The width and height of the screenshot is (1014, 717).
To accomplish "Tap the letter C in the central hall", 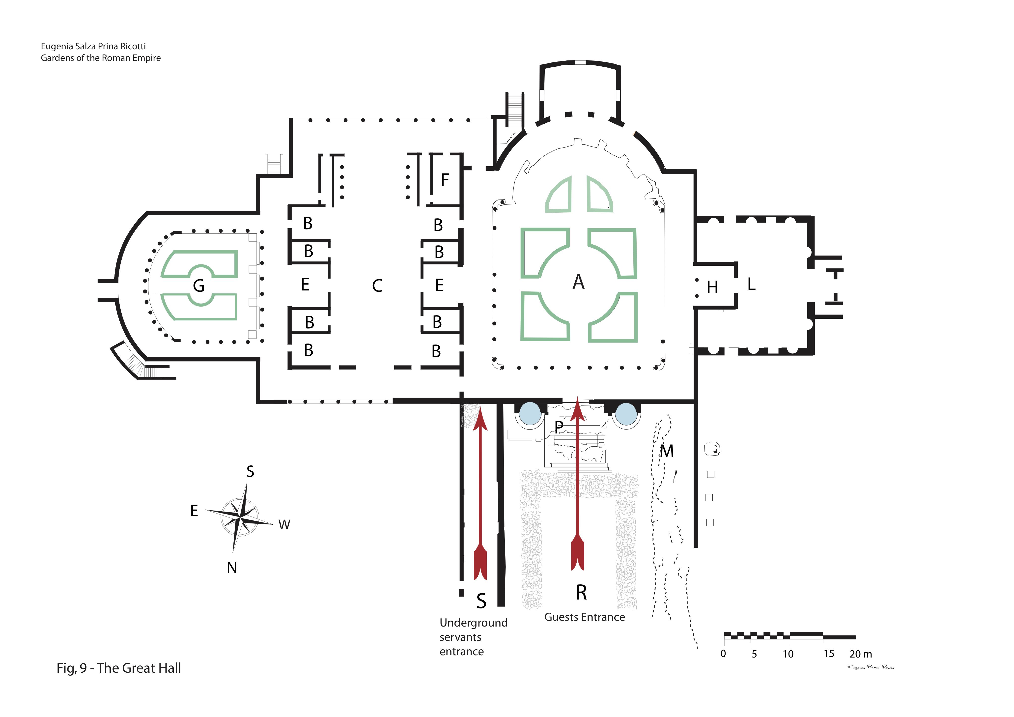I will [x=377, y=286].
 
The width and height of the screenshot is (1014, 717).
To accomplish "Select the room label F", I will [x=445, y=180].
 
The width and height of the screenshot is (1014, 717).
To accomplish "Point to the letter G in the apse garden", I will [x=199, y=286].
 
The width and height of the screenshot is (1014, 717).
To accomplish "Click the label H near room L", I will [x=712, y=287].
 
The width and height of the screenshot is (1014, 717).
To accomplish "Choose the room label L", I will [x=751, y=284].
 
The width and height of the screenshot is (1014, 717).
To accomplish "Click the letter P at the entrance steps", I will [x=559, y=427].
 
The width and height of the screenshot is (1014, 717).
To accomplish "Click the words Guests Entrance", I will [x=584, y=617].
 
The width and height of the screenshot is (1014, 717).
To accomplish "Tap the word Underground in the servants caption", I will [x=474, y=623].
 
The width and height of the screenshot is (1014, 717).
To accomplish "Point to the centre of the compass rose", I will [x=239, y=517].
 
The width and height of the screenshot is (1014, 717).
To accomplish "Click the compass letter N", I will [x=232, y=568].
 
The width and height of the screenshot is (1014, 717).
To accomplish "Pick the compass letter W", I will [x=284, y=525].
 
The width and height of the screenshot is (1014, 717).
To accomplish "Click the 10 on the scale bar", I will [x=788, y=654].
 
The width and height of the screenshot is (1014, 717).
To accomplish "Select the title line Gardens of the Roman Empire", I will [x=101, y=58].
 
